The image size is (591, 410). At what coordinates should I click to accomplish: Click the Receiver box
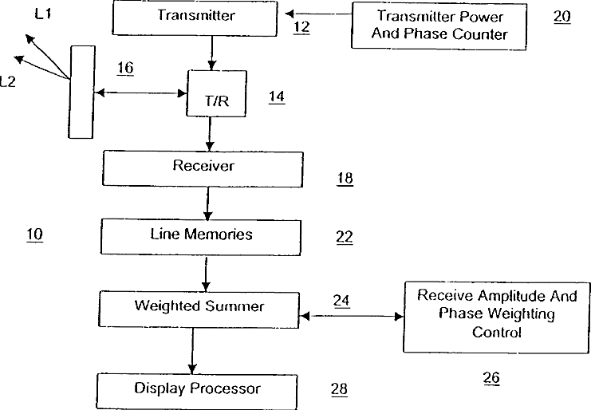tap(204, 168)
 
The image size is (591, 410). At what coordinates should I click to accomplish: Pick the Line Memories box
tap(202, 235)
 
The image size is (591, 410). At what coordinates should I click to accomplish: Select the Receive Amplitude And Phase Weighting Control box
tap(496, 315)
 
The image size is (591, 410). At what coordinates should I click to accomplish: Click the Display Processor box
tap(196, 389)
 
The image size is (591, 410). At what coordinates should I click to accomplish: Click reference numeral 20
tap(561, 17)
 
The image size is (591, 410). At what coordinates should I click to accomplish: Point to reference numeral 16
tap(124, 69)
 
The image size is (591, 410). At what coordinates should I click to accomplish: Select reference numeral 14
tap(276, 97)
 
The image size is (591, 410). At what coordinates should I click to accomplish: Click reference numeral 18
tap(345, 179)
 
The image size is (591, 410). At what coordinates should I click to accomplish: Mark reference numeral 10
tap(34, 235)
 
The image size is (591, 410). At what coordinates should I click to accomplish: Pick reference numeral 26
tap(491, 379)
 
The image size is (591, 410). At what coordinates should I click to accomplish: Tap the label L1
tap(45, 14)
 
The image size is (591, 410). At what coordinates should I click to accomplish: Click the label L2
tap(8, 81)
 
